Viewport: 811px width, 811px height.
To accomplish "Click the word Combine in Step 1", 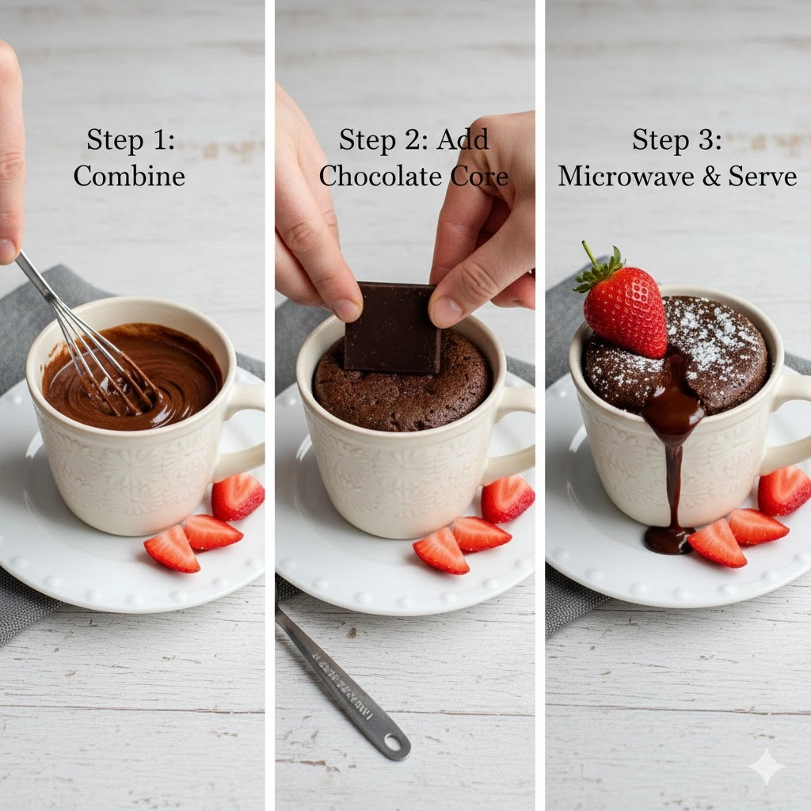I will [129, 175].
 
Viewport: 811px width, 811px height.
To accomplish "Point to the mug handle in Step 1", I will [243, 428].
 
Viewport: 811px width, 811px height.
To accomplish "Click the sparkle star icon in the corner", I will [766, 767].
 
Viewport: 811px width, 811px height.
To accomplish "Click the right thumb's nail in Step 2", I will [446, 310].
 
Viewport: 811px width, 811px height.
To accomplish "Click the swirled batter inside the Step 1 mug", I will [182, 372].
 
